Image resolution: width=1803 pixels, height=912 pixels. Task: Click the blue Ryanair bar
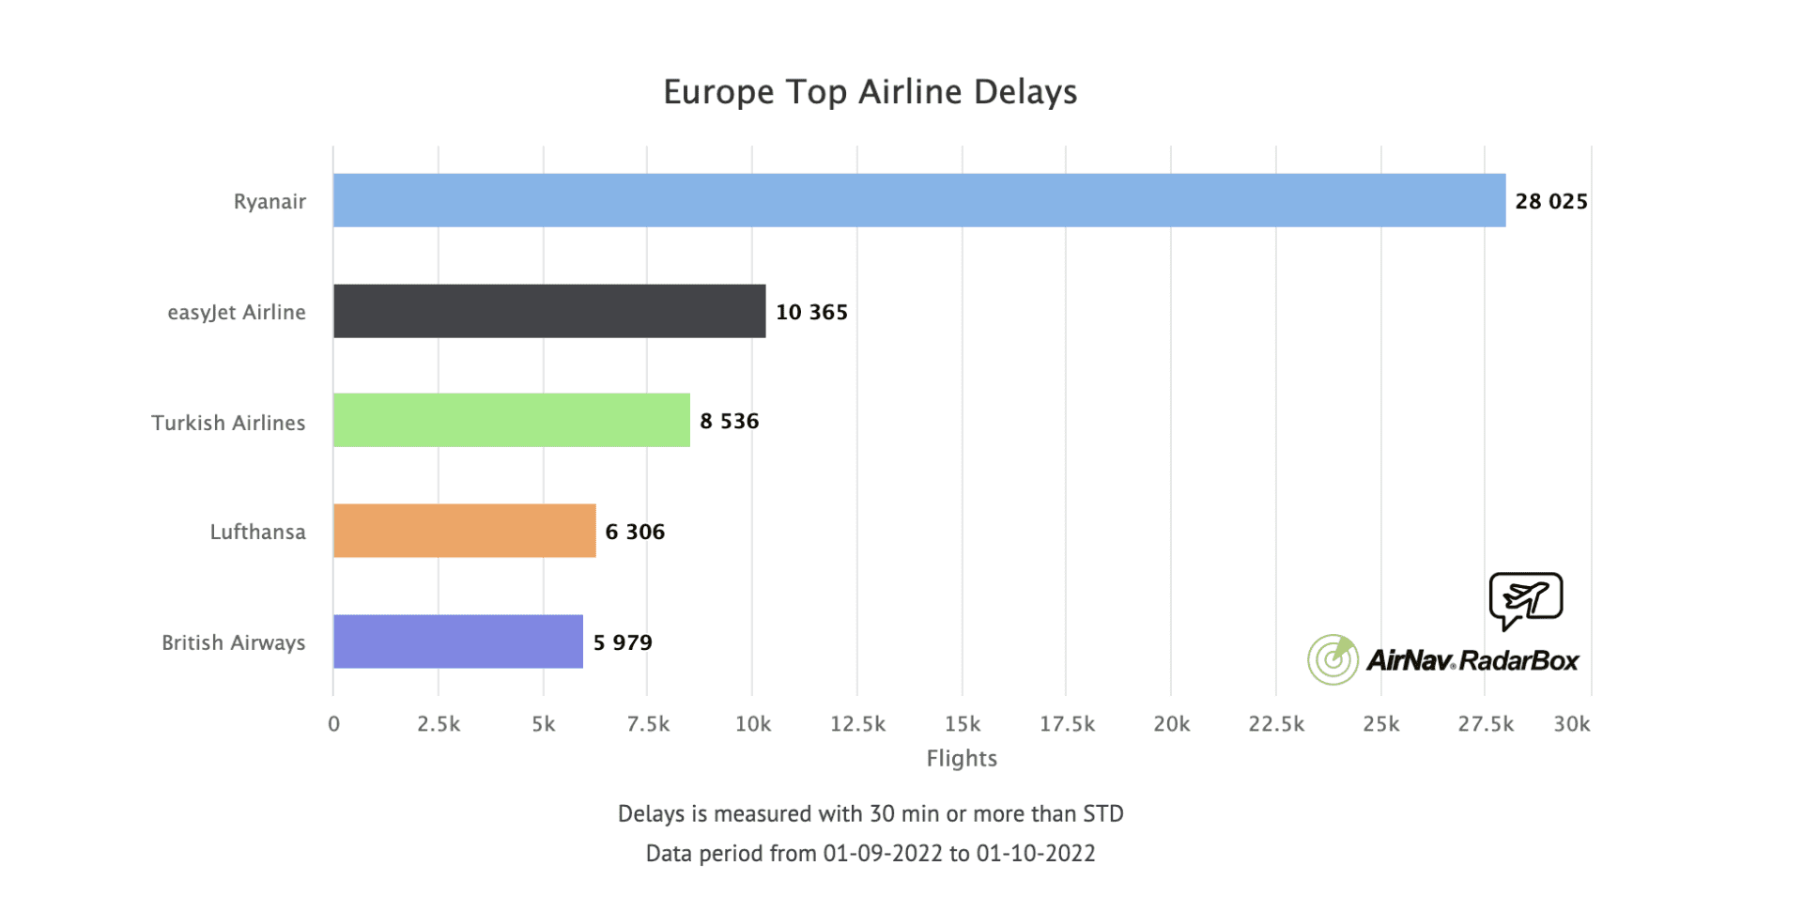click(x=918, y=200)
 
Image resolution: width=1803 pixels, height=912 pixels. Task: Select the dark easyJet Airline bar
click(x=549, y=311)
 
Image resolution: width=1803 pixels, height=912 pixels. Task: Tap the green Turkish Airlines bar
click(x=512, y=420)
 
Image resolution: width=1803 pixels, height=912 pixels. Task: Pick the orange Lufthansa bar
click(x=465, y=531)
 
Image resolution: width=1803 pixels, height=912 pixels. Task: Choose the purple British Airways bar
click(x=458, y=641)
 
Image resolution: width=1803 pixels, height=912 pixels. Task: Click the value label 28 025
click(x=1550, y=201)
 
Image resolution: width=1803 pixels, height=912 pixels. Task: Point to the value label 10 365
click(x=811, y=312)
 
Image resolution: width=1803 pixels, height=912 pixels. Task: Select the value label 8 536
click(x=729, y=421)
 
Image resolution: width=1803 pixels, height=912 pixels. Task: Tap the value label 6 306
click(x=635, y=532)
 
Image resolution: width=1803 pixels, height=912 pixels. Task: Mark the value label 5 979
click(x=623, y=642)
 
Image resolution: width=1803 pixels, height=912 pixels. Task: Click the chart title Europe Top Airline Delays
click(x=870, y=92)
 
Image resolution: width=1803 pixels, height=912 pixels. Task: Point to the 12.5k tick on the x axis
click(x=857, y=724)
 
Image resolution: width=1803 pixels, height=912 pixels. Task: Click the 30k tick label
click(x=1571, y=724)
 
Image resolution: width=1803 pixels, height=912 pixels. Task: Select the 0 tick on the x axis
click(x=333, y=724)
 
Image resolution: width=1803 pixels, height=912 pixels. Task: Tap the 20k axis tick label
click(x=1171, y=724)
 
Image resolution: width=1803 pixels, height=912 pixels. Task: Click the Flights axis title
click(x=962, y=758)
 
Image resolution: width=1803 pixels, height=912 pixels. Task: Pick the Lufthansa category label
click(x=257, y=532)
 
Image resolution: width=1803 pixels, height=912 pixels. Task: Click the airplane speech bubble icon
click(x=1525, y=599)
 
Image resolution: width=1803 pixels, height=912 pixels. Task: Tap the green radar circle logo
click(x=1333, y=659)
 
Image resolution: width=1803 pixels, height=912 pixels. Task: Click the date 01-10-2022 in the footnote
click(x=1035, y=853)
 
